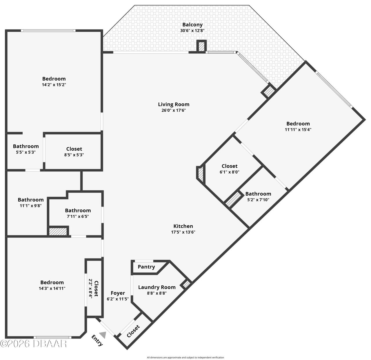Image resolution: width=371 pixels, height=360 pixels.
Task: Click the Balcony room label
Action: tap(192, 25)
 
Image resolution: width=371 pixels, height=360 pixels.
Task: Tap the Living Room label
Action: tap(174, 104)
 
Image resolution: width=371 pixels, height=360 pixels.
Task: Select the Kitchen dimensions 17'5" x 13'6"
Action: tap(183, 232)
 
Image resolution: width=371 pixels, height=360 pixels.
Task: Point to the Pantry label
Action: tap(146, 267)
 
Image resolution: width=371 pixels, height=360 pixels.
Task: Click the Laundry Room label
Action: tap(157, 287)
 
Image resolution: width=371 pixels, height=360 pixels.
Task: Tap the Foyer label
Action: tap(118, 293)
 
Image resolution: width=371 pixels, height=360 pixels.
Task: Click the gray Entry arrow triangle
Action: tap(103, 335)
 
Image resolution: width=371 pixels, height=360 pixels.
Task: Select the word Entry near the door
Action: tap(97, 341)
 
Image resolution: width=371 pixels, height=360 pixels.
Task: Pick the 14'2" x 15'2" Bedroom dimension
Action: tap(54, 85)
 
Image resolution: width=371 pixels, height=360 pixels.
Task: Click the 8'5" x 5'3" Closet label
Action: tap(74, 149)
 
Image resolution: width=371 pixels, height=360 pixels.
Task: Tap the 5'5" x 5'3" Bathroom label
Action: tap(26, 146)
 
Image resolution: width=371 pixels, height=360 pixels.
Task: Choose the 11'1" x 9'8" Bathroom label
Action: tap(31, 200)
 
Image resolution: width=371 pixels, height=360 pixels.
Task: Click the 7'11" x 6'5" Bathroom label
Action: tap(78, 211)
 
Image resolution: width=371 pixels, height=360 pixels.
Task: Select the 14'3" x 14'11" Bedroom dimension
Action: tap(52, 288)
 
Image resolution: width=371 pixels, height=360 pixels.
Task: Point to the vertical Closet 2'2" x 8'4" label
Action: tap(94, 289)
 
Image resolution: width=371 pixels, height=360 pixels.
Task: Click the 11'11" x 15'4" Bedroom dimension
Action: tap(298, 130)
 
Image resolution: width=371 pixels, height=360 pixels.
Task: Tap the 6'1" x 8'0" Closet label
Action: tap(230, 166)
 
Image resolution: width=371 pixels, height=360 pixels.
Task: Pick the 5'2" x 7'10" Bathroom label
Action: tap(258, 194)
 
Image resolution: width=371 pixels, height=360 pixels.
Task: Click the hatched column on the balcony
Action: tap(201, 47)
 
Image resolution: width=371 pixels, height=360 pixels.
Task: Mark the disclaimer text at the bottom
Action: tap(185, 357)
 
